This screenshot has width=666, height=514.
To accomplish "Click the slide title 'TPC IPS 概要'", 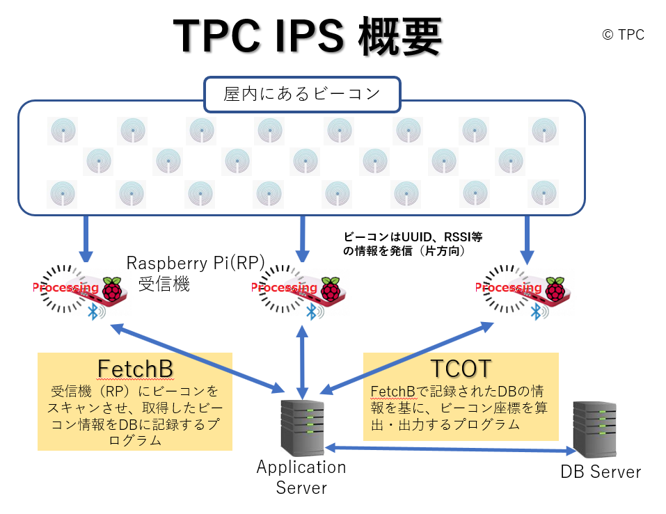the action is [308, 36].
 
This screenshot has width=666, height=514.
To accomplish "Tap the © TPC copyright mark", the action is [623, 35].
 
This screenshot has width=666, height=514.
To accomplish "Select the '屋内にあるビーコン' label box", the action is [303, 94].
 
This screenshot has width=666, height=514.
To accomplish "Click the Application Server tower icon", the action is [303, 428].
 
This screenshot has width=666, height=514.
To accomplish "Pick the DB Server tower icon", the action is [594, 430].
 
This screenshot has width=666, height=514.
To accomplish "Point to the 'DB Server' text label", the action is [601, 472].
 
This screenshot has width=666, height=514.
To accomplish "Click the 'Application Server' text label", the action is [301, 478].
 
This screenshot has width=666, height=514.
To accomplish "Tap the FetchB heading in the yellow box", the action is [135, 369].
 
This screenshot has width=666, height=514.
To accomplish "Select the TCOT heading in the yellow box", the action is [461, 368].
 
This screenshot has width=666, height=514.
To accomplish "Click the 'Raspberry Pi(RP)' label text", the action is [196, 263].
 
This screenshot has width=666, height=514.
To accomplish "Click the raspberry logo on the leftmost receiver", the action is [112, 289].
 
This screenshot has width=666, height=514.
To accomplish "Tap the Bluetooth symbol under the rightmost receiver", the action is [536, 312].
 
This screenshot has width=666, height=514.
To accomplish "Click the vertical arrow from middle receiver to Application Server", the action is [303, 362].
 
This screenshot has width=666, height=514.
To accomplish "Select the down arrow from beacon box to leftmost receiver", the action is [86, 239].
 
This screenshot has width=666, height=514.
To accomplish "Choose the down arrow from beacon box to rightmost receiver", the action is [527, 240].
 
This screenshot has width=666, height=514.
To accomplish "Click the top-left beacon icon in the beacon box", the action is [63, 131].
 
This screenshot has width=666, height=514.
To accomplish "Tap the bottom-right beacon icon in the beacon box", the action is [544, 193].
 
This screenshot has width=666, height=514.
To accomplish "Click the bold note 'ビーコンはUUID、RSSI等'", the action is [413, 237].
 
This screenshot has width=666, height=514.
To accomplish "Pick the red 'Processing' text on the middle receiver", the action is [284, 288].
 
